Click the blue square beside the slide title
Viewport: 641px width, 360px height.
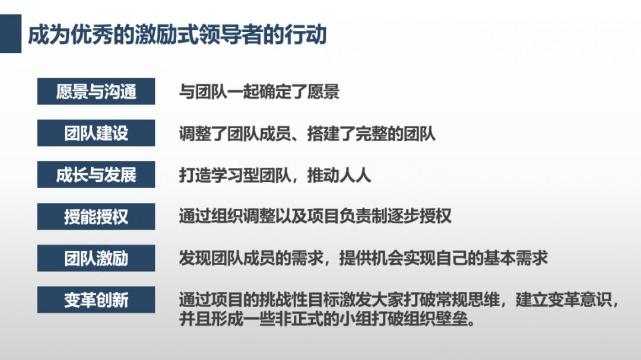[x=11, y=33]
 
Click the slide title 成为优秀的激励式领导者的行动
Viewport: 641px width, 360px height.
[x=177, y=34]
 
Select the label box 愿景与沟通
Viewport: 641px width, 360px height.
[x=96, y=91]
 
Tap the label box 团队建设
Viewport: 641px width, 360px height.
[x=96, y=133]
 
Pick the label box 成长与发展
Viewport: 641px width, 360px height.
[x=96, y=175]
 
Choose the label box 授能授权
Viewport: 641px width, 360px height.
[x=96, y=216]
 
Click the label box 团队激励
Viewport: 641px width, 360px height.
[x=96, y=258]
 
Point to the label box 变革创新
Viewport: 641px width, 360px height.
[x=96, y=300]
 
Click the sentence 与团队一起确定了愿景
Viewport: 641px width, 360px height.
[x=259, y=92]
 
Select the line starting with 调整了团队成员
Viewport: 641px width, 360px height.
[x=307, y=133]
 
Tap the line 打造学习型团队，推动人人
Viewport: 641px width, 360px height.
[x=275, y=176]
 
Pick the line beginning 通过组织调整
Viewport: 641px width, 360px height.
[x=315, y=216]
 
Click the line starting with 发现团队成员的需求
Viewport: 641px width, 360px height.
[x=363, y=258]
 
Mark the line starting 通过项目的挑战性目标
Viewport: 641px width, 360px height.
[x=399, y=300]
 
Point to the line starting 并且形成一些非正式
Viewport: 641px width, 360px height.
[x=328, y=318]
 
